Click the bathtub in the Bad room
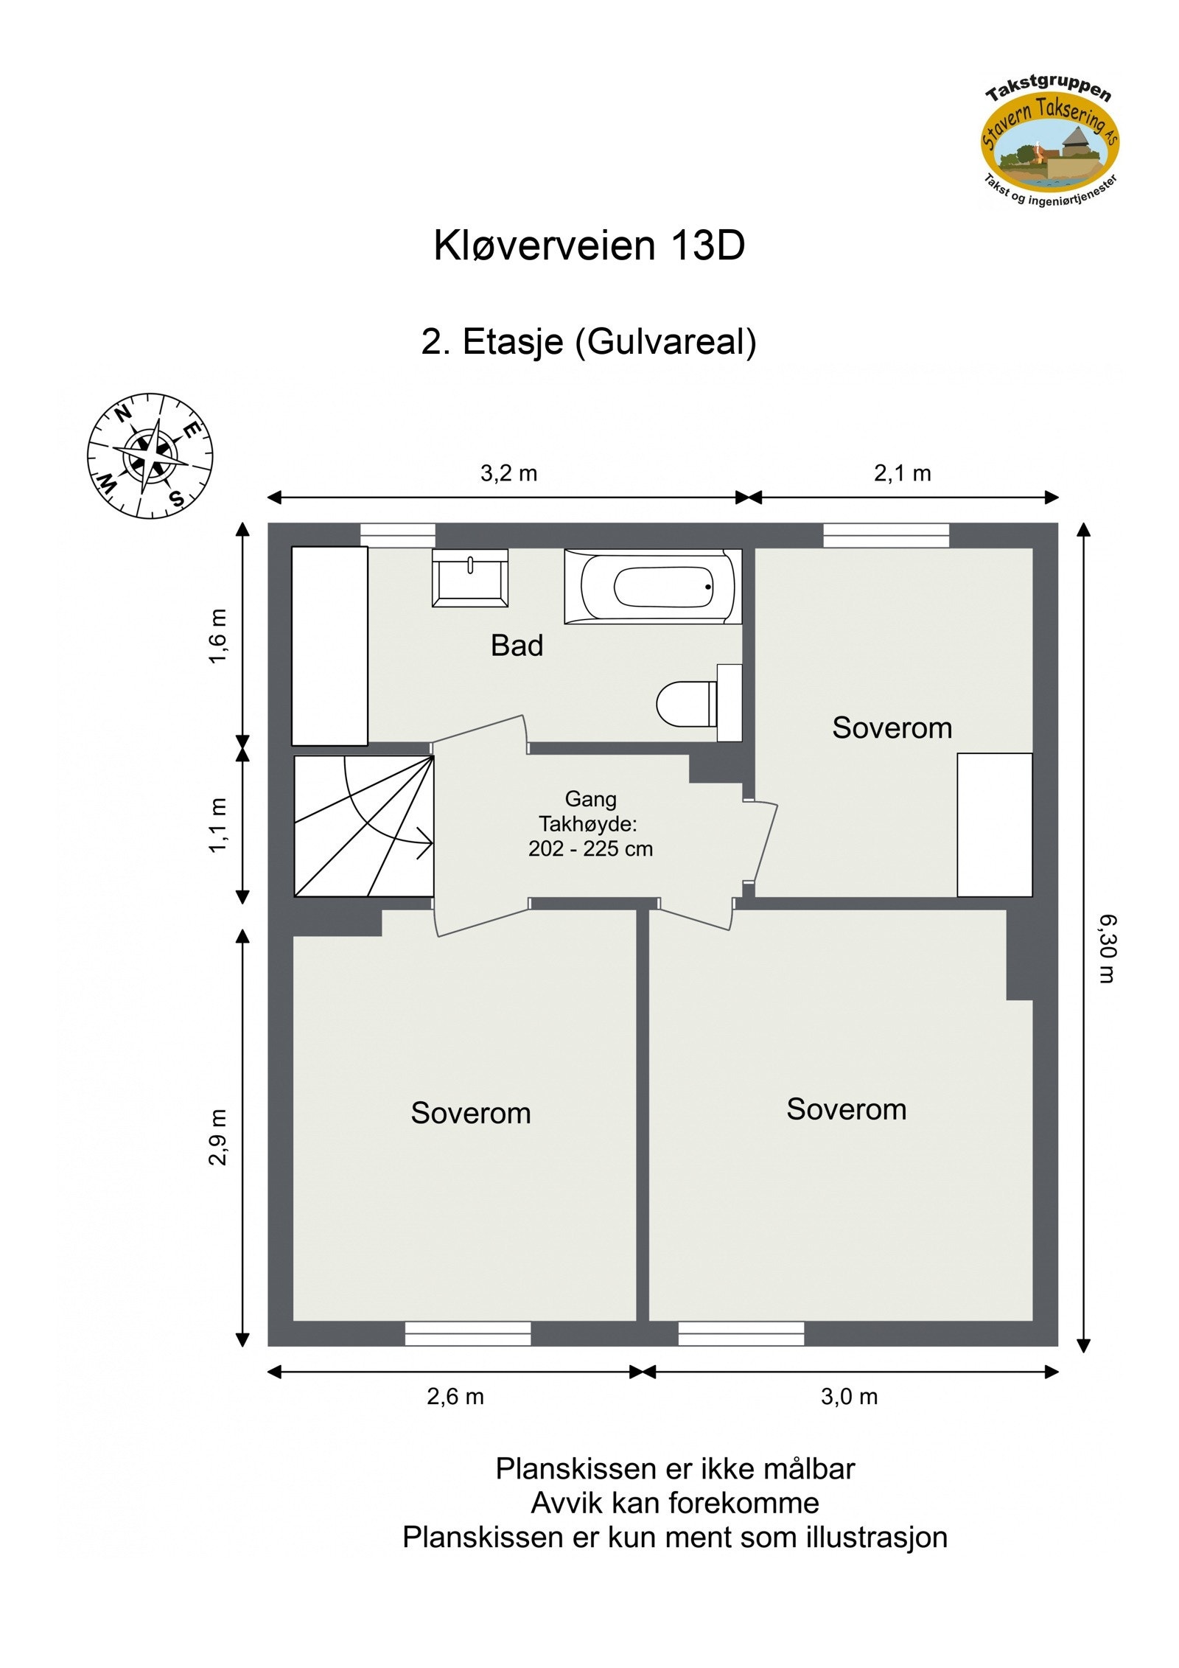[653, 587]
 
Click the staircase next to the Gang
[363, 826]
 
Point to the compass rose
[150, 455]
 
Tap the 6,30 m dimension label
[1107, 949]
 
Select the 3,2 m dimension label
[508, 473]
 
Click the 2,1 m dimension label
[902, 473]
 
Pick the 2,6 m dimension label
[455, 1396]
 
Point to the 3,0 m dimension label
[849, 1396]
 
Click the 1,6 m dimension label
[218, 636]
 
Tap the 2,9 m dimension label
[218, 1137]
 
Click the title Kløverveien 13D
[589, 245]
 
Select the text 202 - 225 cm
[590, 849]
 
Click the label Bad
[517, 646]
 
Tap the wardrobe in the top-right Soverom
[994, 825]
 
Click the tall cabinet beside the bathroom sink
[329, 646]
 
